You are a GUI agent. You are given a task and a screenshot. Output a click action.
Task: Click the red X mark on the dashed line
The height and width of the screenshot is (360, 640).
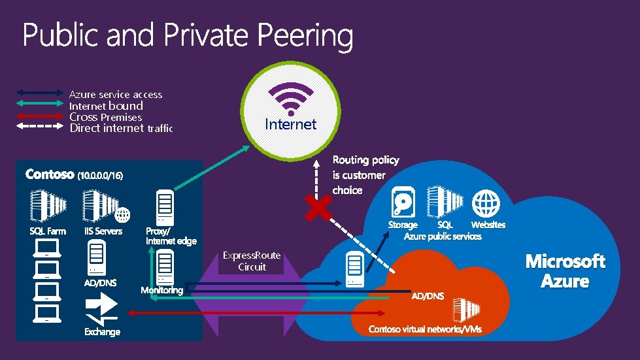click(318, 208)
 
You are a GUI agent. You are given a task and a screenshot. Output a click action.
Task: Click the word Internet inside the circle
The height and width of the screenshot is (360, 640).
click(290, 124)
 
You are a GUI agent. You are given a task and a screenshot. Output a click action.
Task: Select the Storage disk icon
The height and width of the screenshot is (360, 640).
click(402, 202)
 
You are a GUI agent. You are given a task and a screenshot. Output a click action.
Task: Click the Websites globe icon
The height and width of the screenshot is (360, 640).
click(487, 203)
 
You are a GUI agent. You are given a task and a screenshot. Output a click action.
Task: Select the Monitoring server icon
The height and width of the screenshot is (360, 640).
click(164, 267)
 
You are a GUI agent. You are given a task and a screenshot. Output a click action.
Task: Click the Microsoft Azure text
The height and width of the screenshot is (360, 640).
click(565, 271)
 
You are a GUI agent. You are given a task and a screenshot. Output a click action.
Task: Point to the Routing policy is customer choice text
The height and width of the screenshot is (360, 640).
click(365, 175)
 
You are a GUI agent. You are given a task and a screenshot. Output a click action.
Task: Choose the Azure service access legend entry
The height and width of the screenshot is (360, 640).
click(116, 95)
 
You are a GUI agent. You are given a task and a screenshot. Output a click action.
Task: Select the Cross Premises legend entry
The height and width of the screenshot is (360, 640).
click(105, 117)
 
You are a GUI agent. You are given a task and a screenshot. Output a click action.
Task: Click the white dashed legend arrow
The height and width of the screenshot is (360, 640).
click(39, 128)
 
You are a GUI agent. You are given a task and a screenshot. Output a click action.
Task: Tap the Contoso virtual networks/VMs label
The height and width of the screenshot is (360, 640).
click(425, 329)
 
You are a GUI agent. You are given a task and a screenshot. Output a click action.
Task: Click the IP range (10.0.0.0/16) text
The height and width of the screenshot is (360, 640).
click(100, 176)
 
